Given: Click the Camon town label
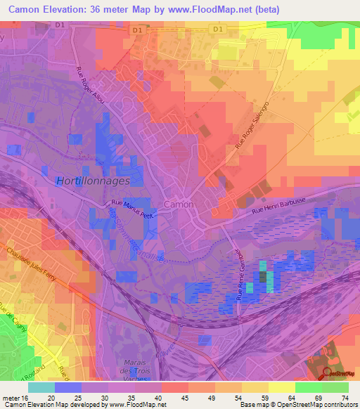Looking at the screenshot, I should (x=178, y=204).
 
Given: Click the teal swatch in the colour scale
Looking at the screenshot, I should (x=41, y=387).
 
